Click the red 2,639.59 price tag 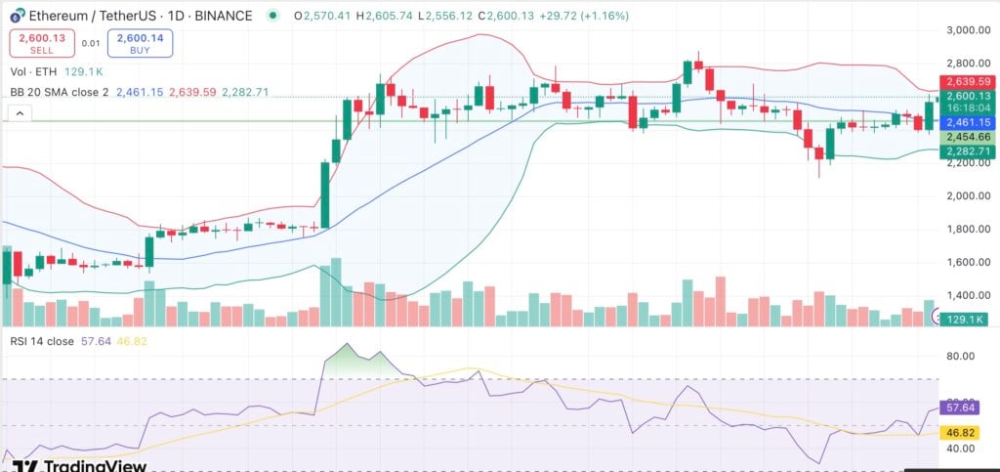pos(967,82)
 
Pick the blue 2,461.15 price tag pos(967,122)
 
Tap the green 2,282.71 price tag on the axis pos(967,151)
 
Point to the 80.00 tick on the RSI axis pos(961,357)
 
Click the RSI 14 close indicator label pos(45,341)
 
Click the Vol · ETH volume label pos(34,71)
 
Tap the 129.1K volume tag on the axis pos(967,318)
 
